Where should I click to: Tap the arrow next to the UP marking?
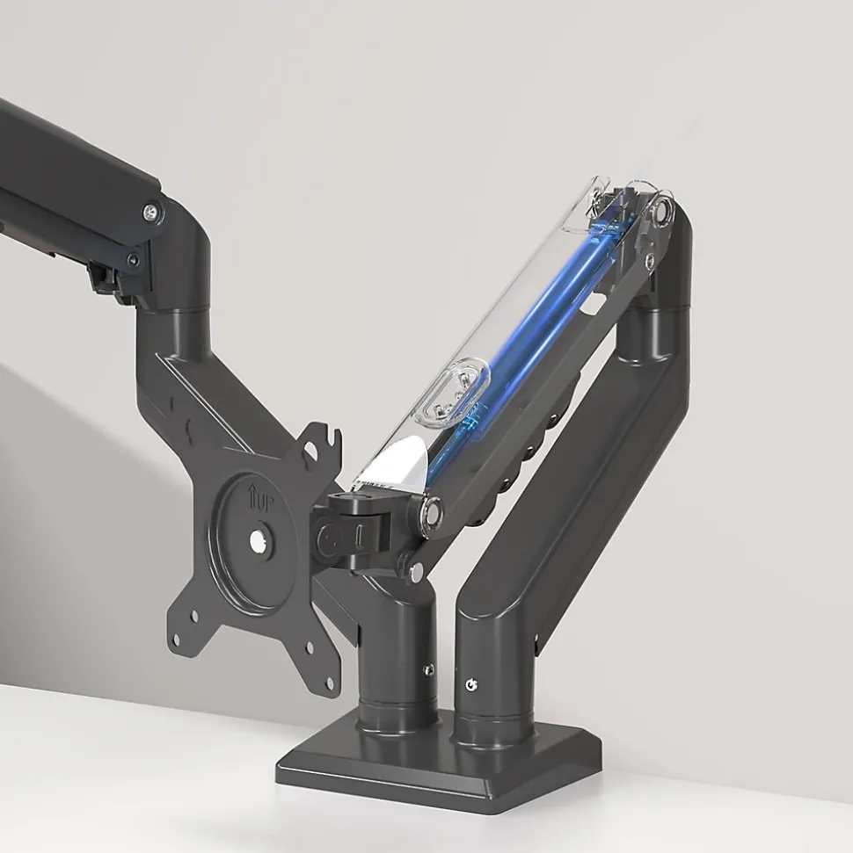click(x=253, y=496)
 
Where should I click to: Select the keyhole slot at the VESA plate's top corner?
click(x=311, y=451)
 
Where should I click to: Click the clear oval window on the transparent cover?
click(x=453, y=392)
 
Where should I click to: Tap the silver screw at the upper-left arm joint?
click(x=152, y=213)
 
